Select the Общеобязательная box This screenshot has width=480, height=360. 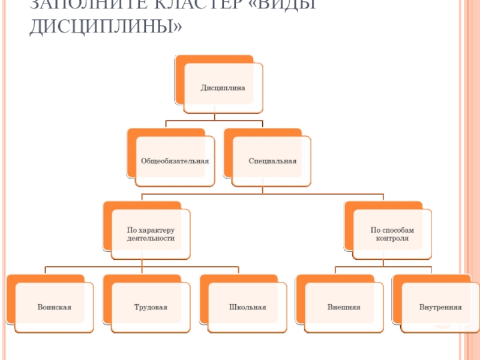175,161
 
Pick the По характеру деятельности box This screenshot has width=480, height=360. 151,234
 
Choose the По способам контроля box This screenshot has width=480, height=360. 392,234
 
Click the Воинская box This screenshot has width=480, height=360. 54,307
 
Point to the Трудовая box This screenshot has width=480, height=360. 151,307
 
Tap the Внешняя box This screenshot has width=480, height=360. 344,307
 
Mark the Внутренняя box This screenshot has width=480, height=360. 440,307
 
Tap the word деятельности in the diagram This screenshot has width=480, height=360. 151,238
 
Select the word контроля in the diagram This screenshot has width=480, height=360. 392,238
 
